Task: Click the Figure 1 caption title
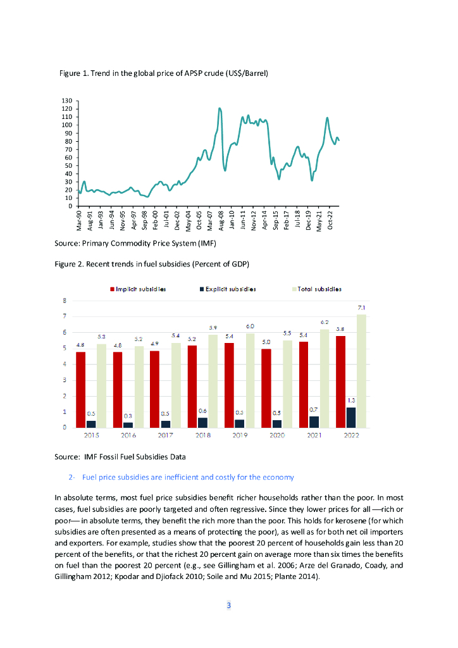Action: [164, 73]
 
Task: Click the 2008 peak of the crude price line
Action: [220, 109]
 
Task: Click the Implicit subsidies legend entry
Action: [140, 289]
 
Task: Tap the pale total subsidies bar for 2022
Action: [361, 371]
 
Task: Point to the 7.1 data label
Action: [361, 307]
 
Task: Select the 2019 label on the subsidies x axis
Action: [240, 436]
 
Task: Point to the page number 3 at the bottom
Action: [229, 606]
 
